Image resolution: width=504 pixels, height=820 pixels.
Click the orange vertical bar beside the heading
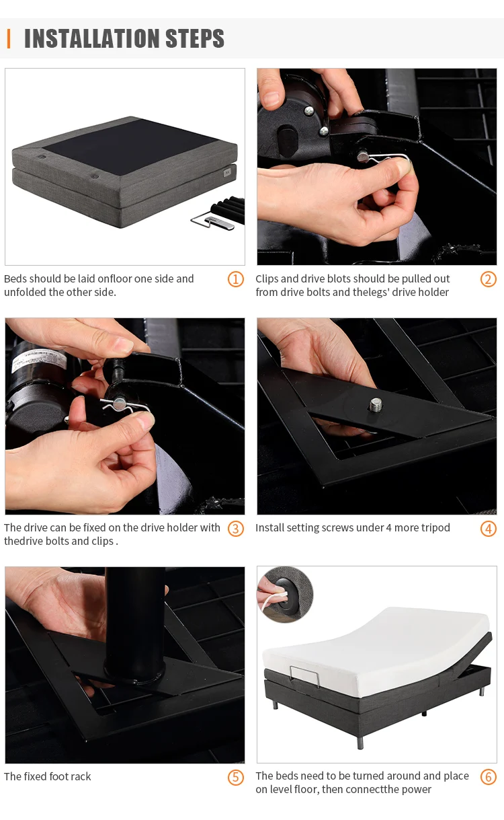click(x=9, y=39)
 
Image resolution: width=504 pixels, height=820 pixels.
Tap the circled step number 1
click(x=235, y=279)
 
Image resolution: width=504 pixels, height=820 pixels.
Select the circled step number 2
click(x=488, y=279)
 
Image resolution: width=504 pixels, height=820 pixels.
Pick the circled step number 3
click(x=235, y=528)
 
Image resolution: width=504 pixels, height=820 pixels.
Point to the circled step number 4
click(x=488, y=528)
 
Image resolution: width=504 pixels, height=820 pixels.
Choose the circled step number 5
click(x=235, y=777)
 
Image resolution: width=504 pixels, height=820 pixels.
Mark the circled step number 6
click(x=488, y=777)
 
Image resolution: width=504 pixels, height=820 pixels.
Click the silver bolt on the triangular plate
click(x=375, y=405)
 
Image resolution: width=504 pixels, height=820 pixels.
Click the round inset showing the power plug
click(x=286, y=594)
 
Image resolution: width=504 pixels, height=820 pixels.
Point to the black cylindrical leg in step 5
click(x=134, y=626)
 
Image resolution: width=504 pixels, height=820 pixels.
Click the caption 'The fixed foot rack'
click(x=48, y=777)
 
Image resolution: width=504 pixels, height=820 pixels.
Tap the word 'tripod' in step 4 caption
click(x=433, y=528)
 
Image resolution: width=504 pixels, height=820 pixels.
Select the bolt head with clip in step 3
click(x=119, y=404)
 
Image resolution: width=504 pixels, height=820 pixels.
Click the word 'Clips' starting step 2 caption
click(x=267, y=279)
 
